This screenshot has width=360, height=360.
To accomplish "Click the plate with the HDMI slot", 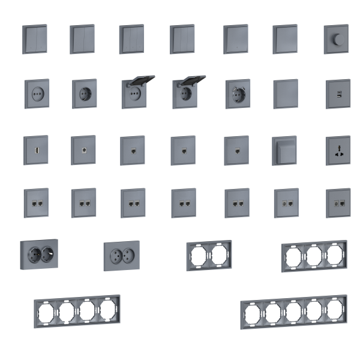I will [35, 147].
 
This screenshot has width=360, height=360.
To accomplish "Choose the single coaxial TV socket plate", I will [83, 146].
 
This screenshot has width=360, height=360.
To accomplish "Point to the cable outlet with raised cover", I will [284, 150].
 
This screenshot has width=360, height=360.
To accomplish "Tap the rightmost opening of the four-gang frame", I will [108, 310].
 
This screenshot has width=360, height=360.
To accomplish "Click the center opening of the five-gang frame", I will [293, 311].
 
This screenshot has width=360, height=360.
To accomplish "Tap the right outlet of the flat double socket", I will [129, 255].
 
